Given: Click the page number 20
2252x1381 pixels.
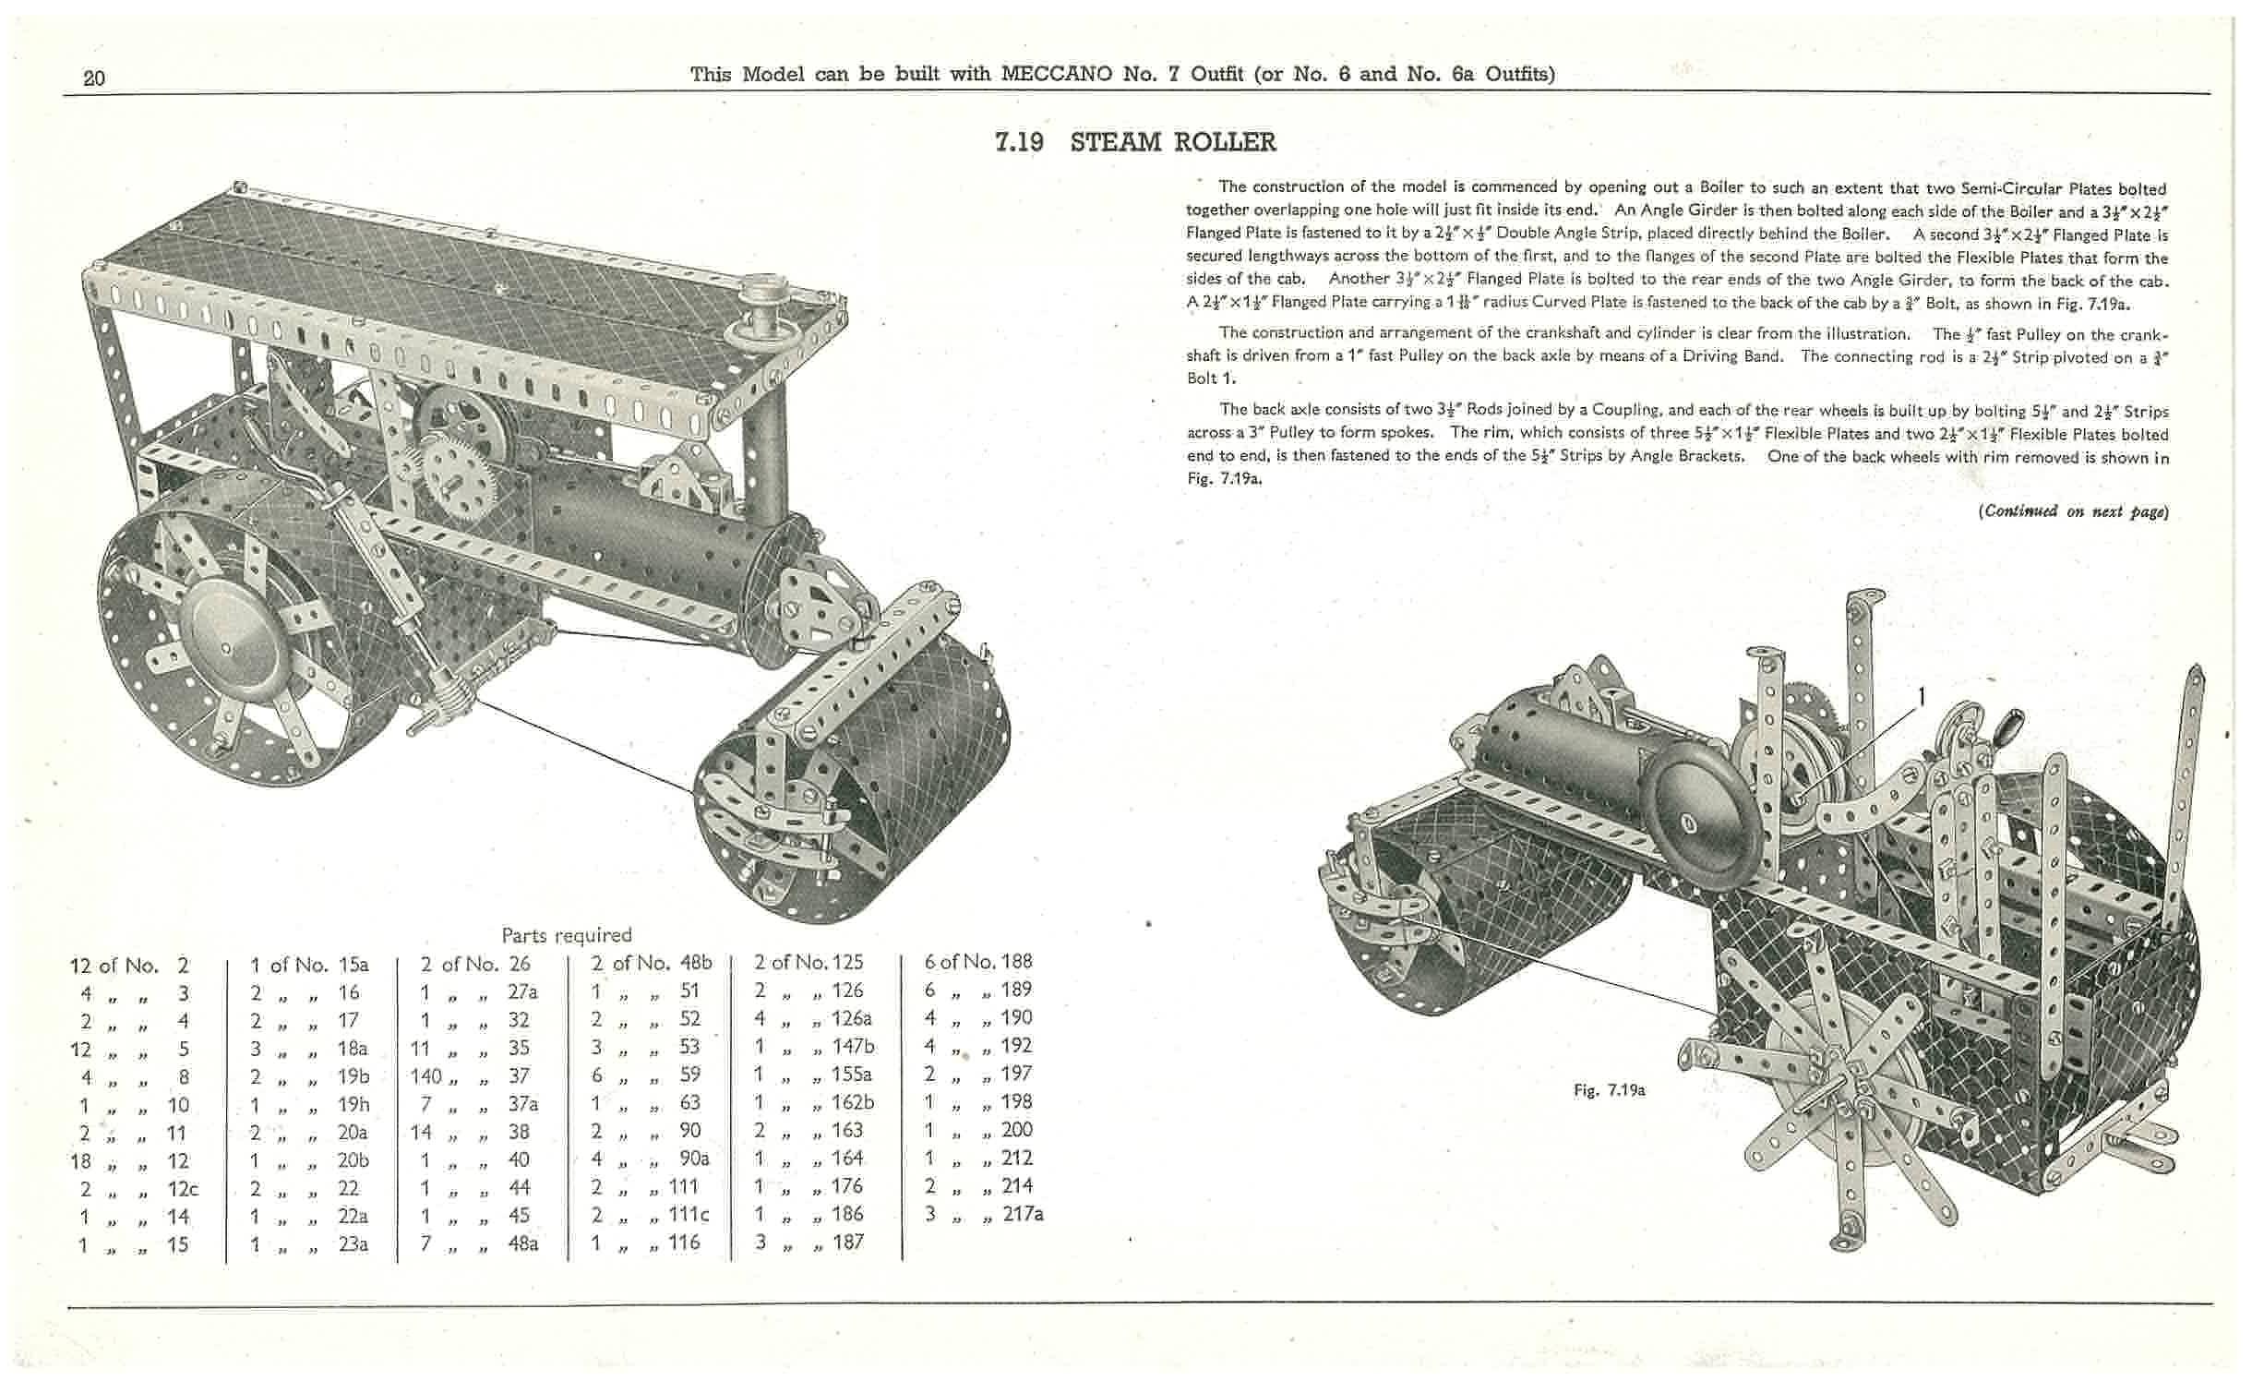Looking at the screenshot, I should coord(94,78).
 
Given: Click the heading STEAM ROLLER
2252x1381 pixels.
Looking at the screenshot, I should coord(1172,142).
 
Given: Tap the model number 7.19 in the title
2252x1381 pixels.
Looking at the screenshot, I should coord(1019,142).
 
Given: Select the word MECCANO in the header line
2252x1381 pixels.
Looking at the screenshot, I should coord(1056,74).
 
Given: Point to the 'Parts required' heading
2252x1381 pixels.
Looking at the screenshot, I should coord(566,935).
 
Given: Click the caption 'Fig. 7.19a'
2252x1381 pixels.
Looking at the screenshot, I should coord(1609,1090).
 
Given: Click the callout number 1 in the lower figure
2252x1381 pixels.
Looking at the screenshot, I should coord(1923,698).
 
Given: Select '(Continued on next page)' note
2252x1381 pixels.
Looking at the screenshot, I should coord(2073,510).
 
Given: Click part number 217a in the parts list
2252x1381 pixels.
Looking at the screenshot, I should coord(1023,1214).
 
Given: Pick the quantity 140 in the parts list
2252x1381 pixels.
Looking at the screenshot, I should coord(427,1076).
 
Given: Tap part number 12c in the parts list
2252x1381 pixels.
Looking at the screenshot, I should coord(183,1189).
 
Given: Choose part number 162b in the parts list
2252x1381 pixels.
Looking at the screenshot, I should coord(852,1102).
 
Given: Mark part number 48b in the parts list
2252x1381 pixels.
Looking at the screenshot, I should coord(692,963).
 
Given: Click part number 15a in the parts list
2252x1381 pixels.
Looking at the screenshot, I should coord(353,965).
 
